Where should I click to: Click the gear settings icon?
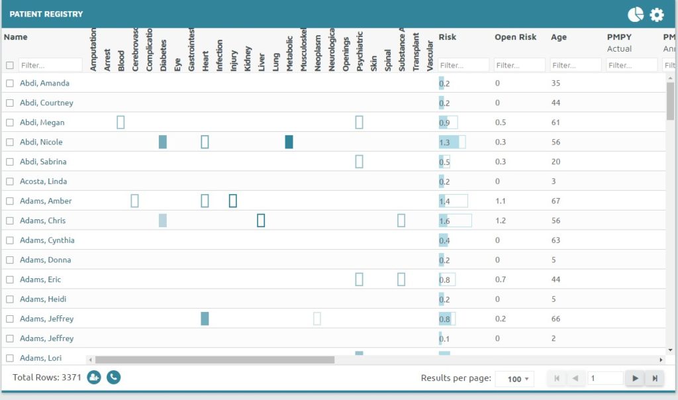pyautogui.click(x=656, y=15)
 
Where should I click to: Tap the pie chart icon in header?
pyautogui.click(x=636, y=15)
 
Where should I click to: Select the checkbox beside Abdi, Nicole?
pyautogui.click(x=10, y=142)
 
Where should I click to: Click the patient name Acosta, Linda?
pyautogui.click(x=43, y=181)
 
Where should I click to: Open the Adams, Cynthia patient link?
pyautogui.click(x=47, y=240)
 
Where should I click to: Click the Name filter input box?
pyautogui.click(x=50, y=66)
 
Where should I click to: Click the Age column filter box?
pyautogui.click(x=575, y=66)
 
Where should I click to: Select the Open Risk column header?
pyautogui.click(x=515, y=37)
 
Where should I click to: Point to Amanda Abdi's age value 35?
pyautogui.click(x=556, y=83)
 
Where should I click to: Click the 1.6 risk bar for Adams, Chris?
pyautogui.click(x=455, y=221)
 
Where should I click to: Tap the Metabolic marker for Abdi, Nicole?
pyautogui.click(x=289, y=142)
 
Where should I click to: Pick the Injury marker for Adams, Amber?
pyautogui.click(x=233, y=201)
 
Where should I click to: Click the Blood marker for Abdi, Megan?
pyautogui.click(x=121, y=123)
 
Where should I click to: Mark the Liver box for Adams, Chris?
pyautogui.click(x=261, y=221)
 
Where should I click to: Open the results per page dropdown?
pyautogui.click(x=514, y=379)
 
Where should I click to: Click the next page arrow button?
pyautogui.click(x=635, y=378)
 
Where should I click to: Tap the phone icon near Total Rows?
pyautogui.click(x=114, y=377)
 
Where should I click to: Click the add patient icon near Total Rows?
pyautogui.click(x=93, y=377)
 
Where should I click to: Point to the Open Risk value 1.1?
pyautogui.click(x=501, y=201)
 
